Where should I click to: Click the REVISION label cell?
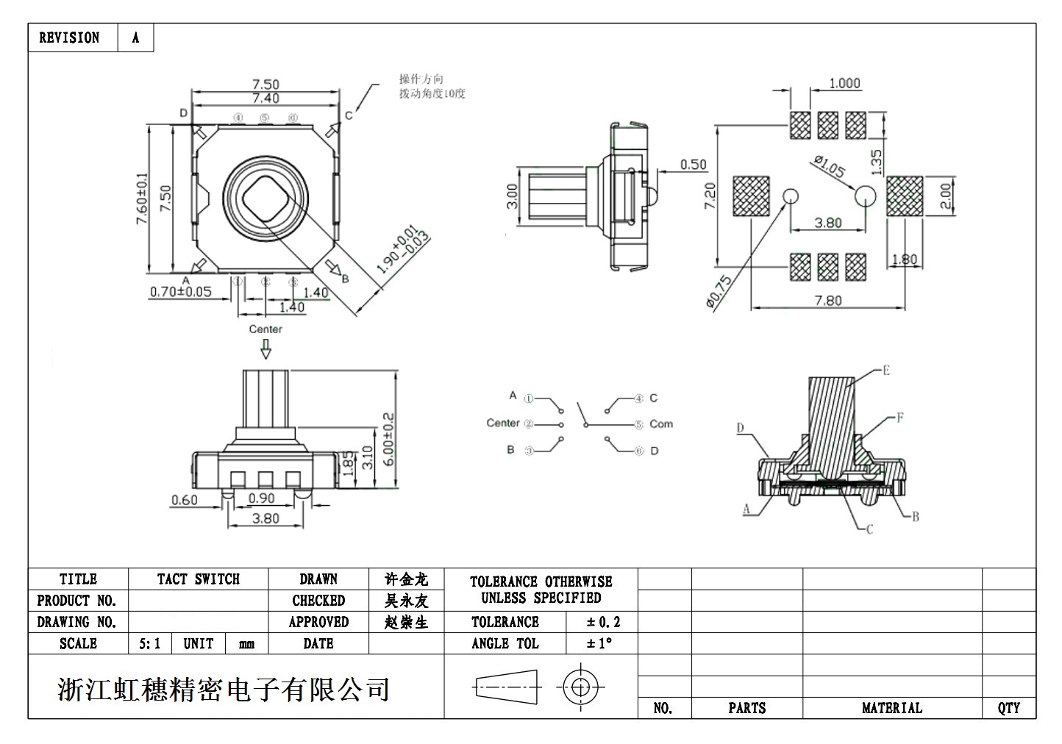tap(69, 37)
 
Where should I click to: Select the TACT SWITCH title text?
tap(198, 579)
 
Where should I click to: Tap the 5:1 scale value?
tap(149, 644)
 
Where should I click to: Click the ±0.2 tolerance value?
tap(603, 622)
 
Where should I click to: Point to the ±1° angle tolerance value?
tap(599, 644)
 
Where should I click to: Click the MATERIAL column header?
tap(891, 708)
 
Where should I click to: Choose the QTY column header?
tap(1008, 708)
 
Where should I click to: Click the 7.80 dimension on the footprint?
tap(828, 300)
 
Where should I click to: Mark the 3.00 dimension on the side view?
tap(513, 196)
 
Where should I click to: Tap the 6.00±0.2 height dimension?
tap(388, 440)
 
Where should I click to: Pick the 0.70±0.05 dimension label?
tap(180, 292)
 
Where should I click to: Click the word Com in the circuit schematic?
tap(660, 424)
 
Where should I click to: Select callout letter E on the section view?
tap(886, 370)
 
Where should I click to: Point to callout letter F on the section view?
tap(899, 418)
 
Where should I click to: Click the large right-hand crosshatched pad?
tap(905, 196)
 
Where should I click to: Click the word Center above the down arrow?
tap(265, 329)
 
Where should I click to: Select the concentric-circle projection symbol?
tap(580, 688)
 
